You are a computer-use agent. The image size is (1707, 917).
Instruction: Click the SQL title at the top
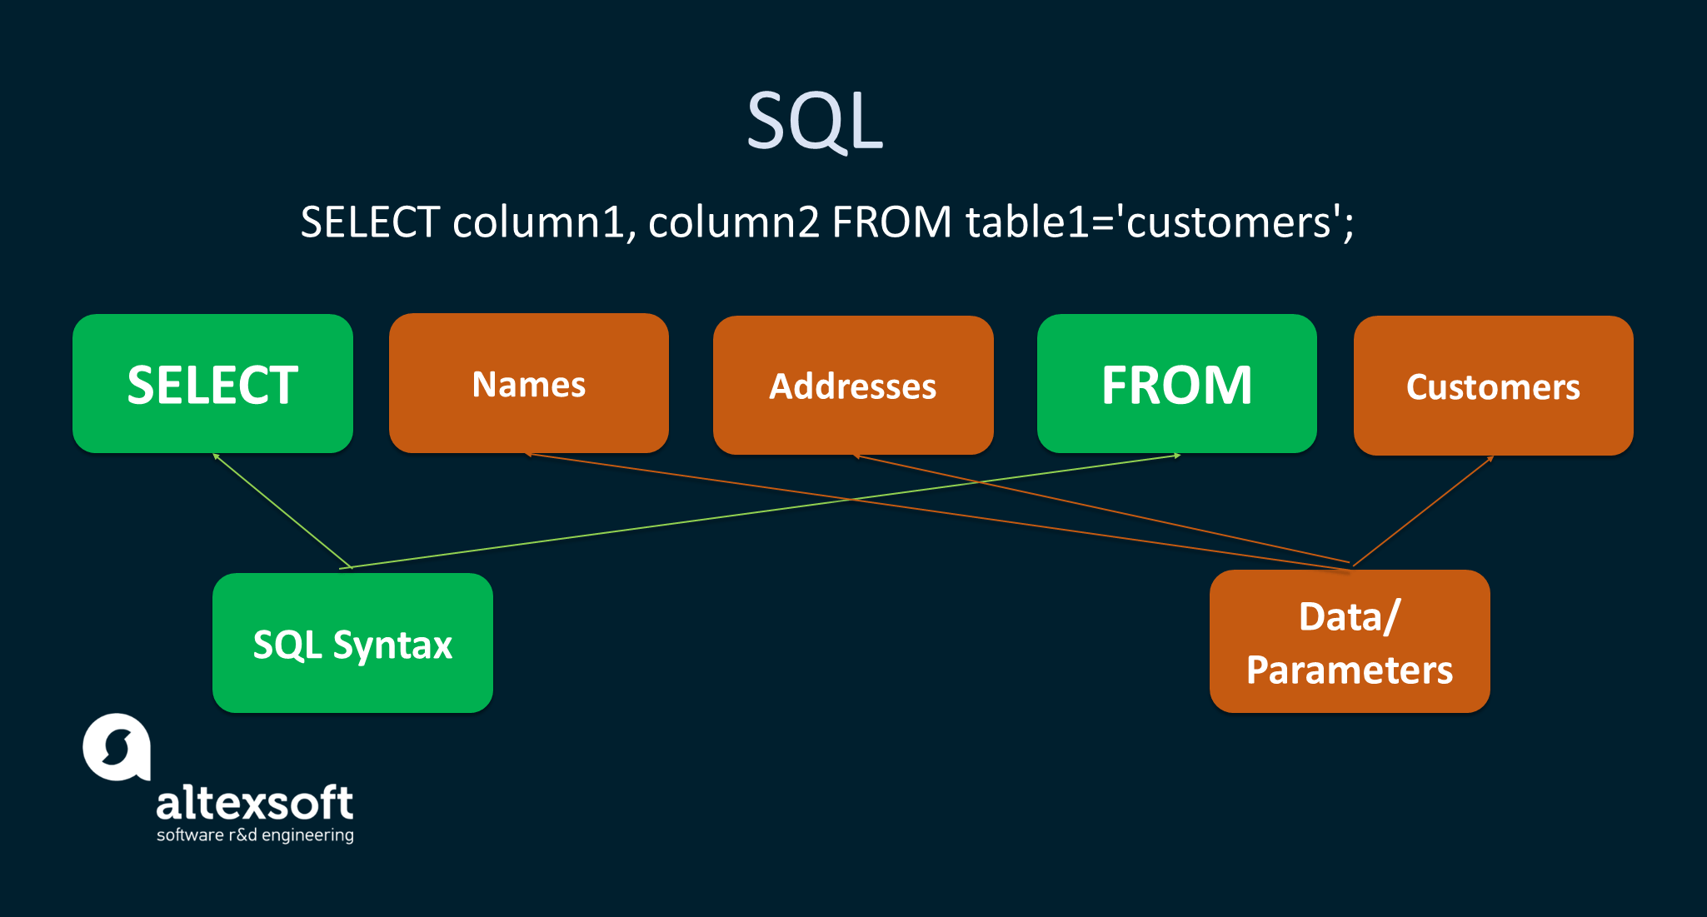tap(814, 122)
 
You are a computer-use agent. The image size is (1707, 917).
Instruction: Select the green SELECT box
tap(212, 384)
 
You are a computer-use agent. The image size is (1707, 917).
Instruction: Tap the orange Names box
tap(529, 384)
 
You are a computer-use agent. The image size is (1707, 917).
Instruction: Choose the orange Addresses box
tap(852, 386)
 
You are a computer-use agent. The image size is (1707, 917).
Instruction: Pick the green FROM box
tap(1176, 384)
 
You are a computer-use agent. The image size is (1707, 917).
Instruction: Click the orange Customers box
tap(1493, 386)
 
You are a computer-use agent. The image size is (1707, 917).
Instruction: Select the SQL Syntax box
tap(352, 643)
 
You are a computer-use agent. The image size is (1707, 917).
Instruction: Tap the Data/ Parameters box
tap(1349, 641)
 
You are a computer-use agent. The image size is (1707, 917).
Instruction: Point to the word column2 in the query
tap(734, 223)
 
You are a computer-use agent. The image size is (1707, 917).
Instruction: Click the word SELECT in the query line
tap(370, 223)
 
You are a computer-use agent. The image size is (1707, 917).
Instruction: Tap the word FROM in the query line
tap(891, 223)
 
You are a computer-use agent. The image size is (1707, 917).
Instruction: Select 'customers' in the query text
tap(1229, 223)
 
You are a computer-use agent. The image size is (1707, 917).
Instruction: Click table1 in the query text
tap(1027, 223)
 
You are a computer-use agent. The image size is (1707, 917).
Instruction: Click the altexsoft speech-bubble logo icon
tap(117, 747)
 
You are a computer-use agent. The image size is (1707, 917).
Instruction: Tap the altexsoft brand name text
tap(255, 803)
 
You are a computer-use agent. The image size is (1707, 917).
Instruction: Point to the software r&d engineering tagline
tap(255, 835)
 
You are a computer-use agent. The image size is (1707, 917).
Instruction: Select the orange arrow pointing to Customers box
tap(1423, 511)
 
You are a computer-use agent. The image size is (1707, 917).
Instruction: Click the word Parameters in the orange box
tap(1349, 670)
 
